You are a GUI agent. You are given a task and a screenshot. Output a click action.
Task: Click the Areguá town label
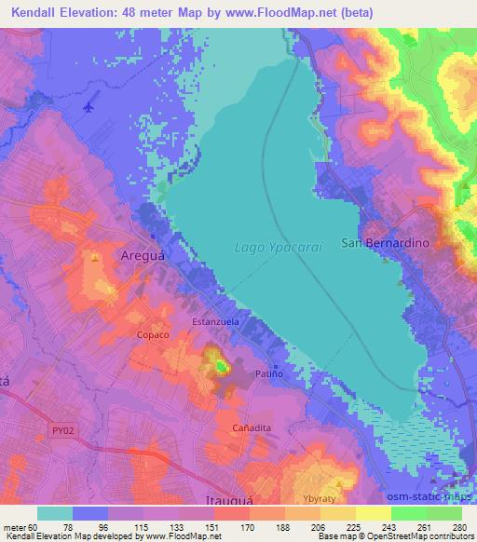tap(144, 254)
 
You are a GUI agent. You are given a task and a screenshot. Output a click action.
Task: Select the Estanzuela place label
tap(217, 321)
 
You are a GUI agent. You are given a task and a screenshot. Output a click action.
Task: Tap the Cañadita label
tap(252, 427)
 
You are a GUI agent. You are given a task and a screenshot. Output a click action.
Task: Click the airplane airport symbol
tap(89, 106)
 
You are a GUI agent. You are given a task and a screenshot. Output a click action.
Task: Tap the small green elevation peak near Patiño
tap(221, 367)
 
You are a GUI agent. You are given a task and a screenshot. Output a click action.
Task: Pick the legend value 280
tap(458, 525)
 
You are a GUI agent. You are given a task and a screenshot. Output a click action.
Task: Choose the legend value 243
tap(388, 525)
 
